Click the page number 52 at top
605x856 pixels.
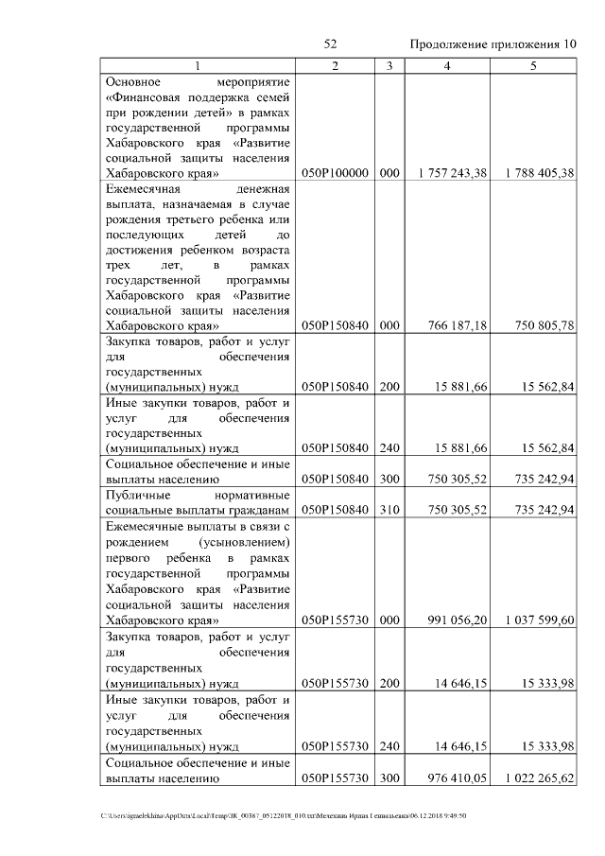331,44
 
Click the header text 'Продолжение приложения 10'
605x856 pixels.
493,44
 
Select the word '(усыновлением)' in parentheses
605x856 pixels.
244,542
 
